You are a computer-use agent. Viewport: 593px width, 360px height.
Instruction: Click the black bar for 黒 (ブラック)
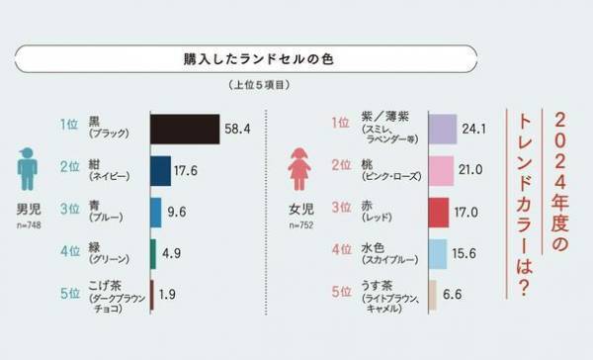coord(184,130)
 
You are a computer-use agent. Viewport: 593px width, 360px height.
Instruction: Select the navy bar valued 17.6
coord(160,171)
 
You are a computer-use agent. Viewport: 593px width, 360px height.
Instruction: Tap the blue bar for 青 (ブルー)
coord(155,212)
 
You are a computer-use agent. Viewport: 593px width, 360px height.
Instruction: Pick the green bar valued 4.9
coord(152,253)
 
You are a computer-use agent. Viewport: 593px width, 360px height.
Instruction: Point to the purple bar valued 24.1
coord(442,130)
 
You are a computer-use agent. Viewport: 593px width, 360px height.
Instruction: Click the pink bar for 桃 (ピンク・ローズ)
coord(440,171)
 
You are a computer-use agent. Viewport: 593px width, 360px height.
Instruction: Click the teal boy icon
coord(28,170)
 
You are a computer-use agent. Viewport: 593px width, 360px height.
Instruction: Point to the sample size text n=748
coord(30,225)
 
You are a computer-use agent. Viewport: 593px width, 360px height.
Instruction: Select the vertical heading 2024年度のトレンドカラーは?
coord(545,198)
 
